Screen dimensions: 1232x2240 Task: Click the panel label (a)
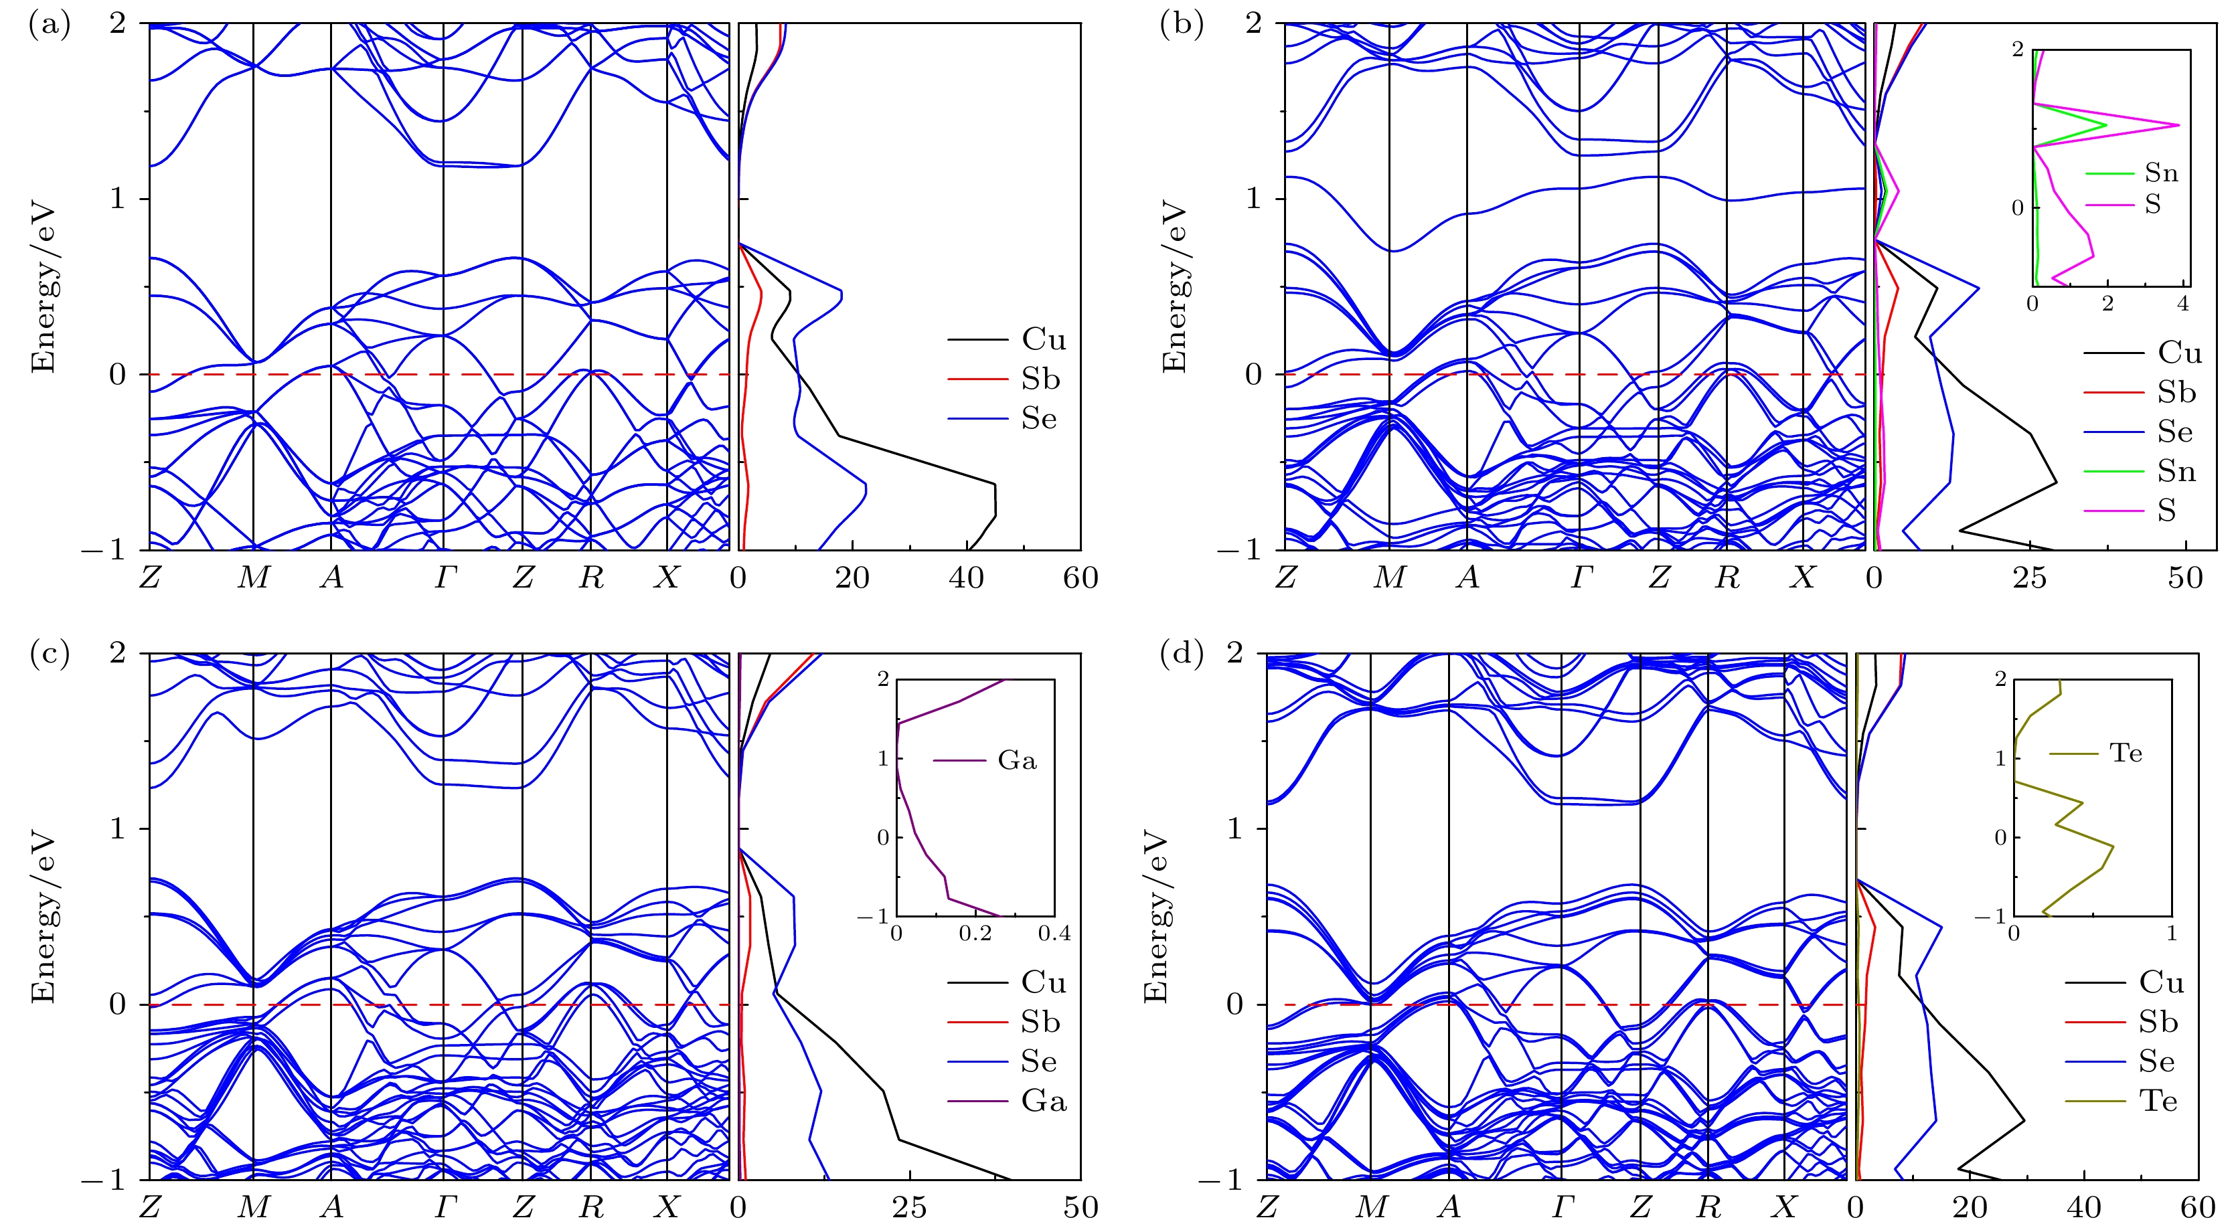click(x=49, y=25)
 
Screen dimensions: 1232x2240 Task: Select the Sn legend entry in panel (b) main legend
click(x=2176, y=471)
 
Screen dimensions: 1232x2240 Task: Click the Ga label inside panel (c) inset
click(x=1016, y=761)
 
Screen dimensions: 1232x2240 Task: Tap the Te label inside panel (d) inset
click(x=2126, y=753)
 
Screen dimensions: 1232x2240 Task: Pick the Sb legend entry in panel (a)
click(x=1040, y=379)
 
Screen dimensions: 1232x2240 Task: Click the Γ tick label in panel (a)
click(x=445, y=578)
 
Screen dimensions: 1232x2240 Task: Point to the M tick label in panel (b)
click(x=1388, y=578)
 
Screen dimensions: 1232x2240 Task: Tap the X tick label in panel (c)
click(x=666, y=1207)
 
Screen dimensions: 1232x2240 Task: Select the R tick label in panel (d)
click(x=1708, y=1207)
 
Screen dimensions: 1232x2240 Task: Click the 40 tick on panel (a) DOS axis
click(x=966, y=578)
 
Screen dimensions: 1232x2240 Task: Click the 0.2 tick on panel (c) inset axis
click(x=975, y=934)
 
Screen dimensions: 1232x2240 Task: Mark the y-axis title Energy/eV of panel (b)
click(x=1174, y=287)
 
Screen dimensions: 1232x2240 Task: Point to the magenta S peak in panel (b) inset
click(x=2177, y=125)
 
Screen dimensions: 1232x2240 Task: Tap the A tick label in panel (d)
click(x=1448, y=1207)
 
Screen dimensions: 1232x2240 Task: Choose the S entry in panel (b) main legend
click(x=2166, y=511)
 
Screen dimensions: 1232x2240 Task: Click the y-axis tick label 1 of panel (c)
click(x=119, y=828)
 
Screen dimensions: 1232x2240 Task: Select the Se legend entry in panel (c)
click(x=1038, y=1061)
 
